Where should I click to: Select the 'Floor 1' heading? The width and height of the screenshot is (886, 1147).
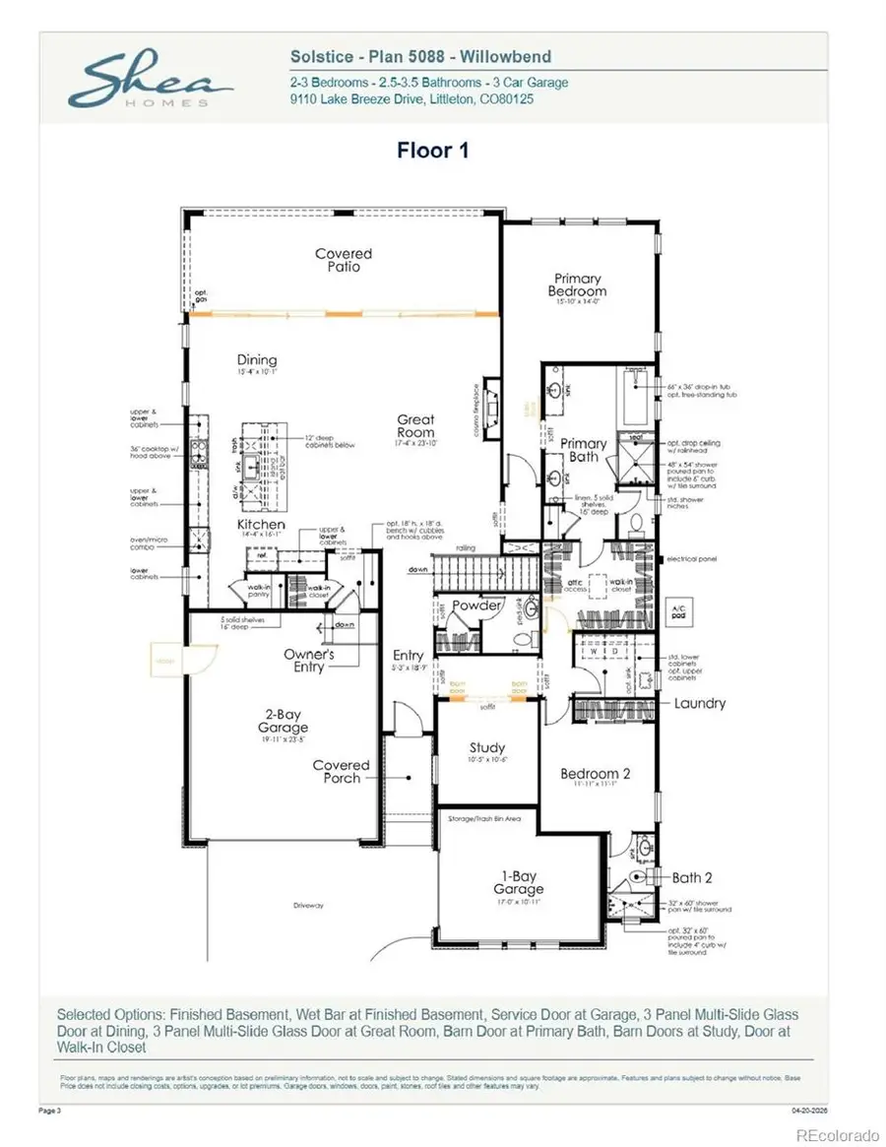433,151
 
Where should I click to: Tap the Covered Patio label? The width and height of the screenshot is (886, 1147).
344,260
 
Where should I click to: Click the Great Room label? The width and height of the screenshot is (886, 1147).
415,425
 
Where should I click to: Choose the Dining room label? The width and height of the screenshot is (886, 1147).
256,360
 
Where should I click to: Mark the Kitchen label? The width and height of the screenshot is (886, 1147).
261,525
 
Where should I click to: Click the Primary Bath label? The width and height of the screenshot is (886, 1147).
584,450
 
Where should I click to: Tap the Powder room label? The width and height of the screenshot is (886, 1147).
476,606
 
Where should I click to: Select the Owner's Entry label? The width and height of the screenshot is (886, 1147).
309,660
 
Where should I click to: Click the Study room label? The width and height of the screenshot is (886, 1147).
486,746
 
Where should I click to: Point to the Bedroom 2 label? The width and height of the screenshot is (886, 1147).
596,774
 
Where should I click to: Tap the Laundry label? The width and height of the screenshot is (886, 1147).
700,703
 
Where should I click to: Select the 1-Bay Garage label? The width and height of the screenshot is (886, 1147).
520,883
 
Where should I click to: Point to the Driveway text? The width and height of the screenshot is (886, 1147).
307,904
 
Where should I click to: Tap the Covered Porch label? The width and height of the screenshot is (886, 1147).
341,771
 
